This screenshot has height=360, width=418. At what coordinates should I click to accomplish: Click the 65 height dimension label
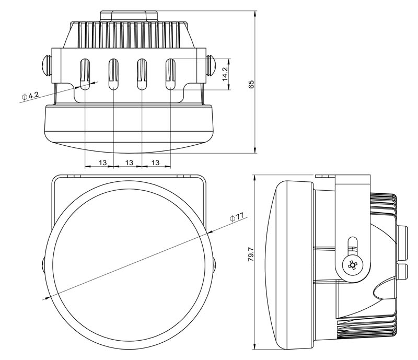coord(251,84)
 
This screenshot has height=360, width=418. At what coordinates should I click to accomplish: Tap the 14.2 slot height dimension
coord(225,74)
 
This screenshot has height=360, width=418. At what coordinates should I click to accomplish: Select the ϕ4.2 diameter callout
coord(31,96)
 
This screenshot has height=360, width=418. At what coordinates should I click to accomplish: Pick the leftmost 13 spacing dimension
coord(103,162)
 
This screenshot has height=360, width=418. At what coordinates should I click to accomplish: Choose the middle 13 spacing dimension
coord(130,162)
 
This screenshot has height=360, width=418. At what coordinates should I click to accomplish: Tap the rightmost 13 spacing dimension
coord(155,162)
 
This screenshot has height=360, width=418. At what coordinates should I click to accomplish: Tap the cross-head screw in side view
coord(353,265)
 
